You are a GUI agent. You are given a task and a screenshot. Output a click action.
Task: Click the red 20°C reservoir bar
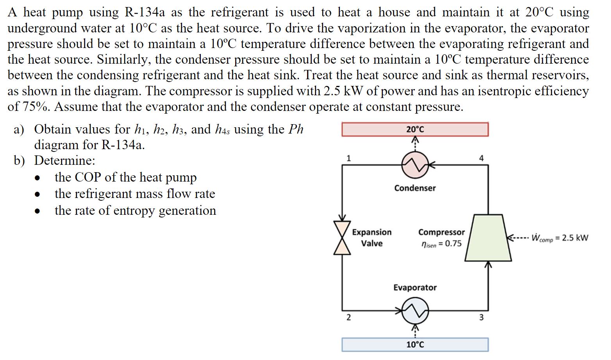pyautogui.click(x=415, y=129)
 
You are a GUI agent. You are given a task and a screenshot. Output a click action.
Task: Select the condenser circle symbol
pyautogui.click(x=415, y=166)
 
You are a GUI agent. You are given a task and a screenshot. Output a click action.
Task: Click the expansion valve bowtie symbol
pyautogui.click(x=342, y=237)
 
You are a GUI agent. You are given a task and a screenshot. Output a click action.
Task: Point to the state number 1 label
pyautogui.click(x=349, y=158)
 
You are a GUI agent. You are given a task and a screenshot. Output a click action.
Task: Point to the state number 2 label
pyautogui.click(x=349, y=317)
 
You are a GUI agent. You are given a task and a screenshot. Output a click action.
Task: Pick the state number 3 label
pyautogui.click(x=481, y=317)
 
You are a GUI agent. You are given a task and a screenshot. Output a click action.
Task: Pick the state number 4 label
pyautogui.click(x=481, y=158)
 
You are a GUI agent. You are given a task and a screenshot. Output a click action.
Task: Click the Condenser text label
pyautogui.click(x=415, y=188)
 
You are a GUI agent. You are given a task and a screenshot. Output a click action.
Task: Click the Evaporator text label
pyautogui.click(x=415, y=288)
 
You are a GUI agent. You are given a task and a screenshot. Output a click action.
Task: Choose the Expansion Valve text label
pyautogui.click(x=372, y=237)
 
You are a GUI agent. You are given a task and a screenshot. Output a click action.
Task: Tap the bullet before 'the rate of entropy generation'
pyautogui.click(x=38, y=211)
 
